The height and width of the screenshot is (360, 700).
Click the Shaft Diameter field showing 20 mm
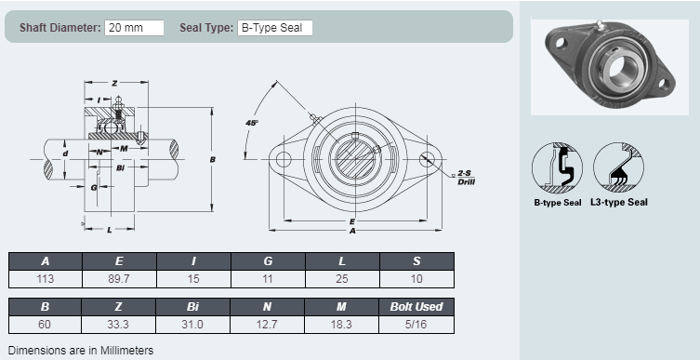(135, 28)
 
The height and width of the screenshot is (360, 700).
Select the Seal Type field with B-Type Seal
(274, 28)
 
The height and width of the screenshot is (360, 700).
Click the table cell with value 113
(46, 279)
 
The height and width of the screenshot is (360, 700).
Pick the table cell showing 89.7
(119, 279)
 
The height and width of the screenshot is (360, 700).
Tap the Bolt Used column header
(416, 307)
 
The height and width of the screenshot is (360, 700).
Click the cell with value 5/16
(416, 325)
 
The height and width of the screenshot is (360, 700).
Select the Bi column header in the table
(192, 307)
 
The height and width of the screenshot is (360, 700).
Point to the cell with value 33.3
(118, 325)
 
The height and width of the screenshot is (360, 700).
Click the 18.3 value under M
(341, 325)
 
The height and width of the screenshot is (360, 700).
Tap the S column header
(416, 261)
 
